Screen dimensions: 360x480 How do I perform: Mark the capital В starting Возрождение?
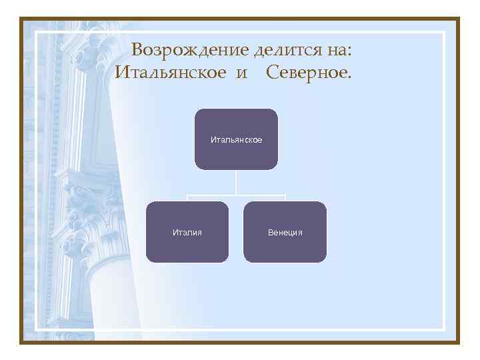tap(137, 50)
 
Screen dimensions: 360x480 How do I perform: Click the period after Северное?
tap(347, 77)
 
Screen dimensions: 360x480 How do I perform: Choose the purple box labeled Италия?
tap(187, 231)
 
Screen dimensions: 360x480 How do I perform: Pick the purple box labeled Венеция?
tap(285, 231)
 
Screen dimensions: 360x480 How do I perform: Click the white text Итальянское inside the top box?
tap(236, 140)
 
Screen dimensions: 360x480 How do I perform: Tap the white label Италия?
tap(187, 232)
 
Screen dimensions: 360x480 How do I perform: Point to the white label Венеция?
tap(285, 232)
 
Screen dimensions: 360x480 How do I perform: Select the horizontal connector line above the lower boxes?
tap(236, 196)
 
